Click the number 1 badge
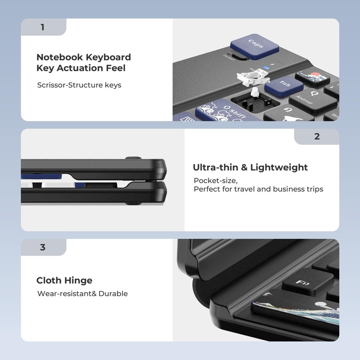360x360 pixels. pos(43,27)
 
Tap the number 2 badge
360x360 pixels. pos(317,137)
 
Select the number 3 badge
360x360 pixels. pos(43,247)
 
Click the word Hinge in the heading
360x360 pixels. pos(78,280)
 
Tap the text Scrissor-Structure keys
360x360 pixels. pos(79,85)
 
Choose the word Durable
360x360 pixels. pos(113,293)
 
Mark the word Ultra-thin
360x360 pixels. pos(214,167)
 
